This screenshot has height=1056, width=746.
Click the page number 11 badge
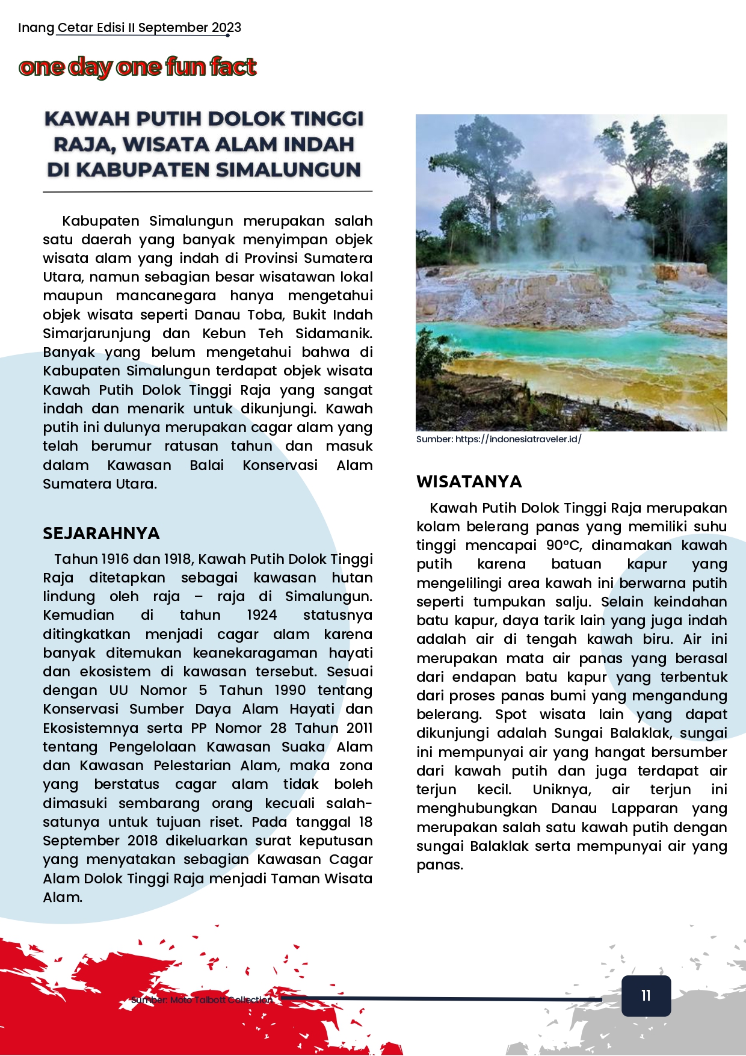coord(646,996)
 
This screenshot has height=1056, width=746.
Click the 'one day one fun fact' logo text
coord(138,67)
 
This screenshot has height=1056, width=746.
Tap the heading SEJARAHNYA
coord(101,533)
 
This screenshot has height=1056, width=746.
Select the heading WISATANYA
coord(469,481)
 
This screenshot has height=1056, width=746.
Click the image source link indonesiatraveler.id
coord(518,439)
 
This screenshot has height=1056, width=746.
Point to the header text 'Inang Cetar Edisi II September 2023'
coord(129,28)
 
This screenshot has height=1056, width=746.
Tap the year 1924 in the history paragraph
coord(262,615)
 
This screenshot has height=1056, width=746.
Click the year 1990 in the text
coord(289,690)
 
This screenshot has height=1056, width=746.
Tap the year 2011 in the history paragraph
coord(360,727)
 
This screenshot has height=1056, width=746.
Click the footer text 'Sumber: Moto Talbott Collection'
coord(202,1000)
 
